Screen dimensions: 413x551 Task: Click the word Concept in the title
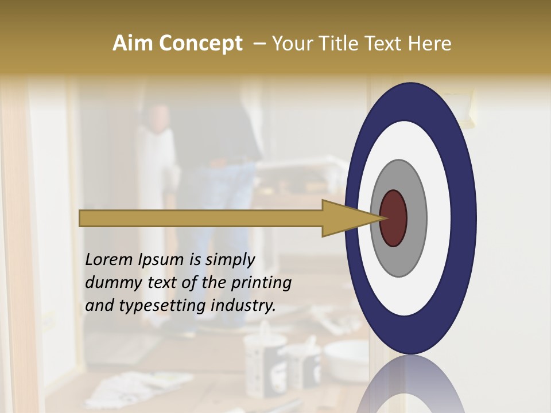coord(200,44)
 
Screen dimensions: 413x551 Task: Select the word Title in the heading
coord(339,44)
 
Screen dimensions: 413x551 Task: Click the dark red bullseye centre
coord(394,219)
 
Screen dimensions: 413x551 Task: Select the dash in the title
coord(259,44)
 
